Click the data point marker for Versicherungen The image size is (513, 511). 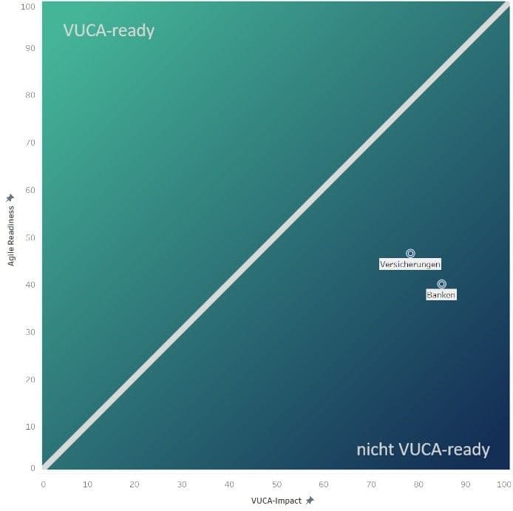tap(410, 254)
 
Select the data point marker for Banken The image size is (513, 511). tap(441, 284)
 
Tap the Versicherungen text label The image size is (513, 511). tap(410, 264)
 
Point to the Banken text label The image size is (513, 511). tap(441, 294)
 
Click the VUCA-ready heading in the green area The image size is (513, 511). tap(109, 31)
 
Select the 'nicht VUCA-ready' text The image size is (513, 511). tap(423, 449)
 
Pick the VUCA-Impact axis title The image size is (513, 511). tap(276, 501)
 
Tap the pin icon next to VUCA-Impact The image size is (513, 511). tap(310, 501)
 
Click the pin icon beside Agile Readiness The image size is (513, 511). tap(10, 197)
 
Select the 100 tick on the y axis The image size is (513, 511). tap(29, 7)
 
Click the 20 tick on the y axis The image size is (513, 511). tap(31, 379)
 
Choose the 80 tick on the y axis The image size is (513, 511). tap(31, 95)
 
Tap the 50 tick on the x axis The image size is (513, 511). tap(276, 484)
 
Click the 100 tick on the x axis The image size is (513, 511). tap(504, 484)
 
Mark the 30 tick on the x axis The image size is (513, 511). tap(182, 484)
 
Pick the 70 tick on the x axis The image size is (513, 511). tap(371, 484)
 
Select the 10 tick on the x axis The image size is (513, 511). tap(88, 484)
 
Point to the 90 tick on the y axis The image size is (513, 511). tap(31, 48)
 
